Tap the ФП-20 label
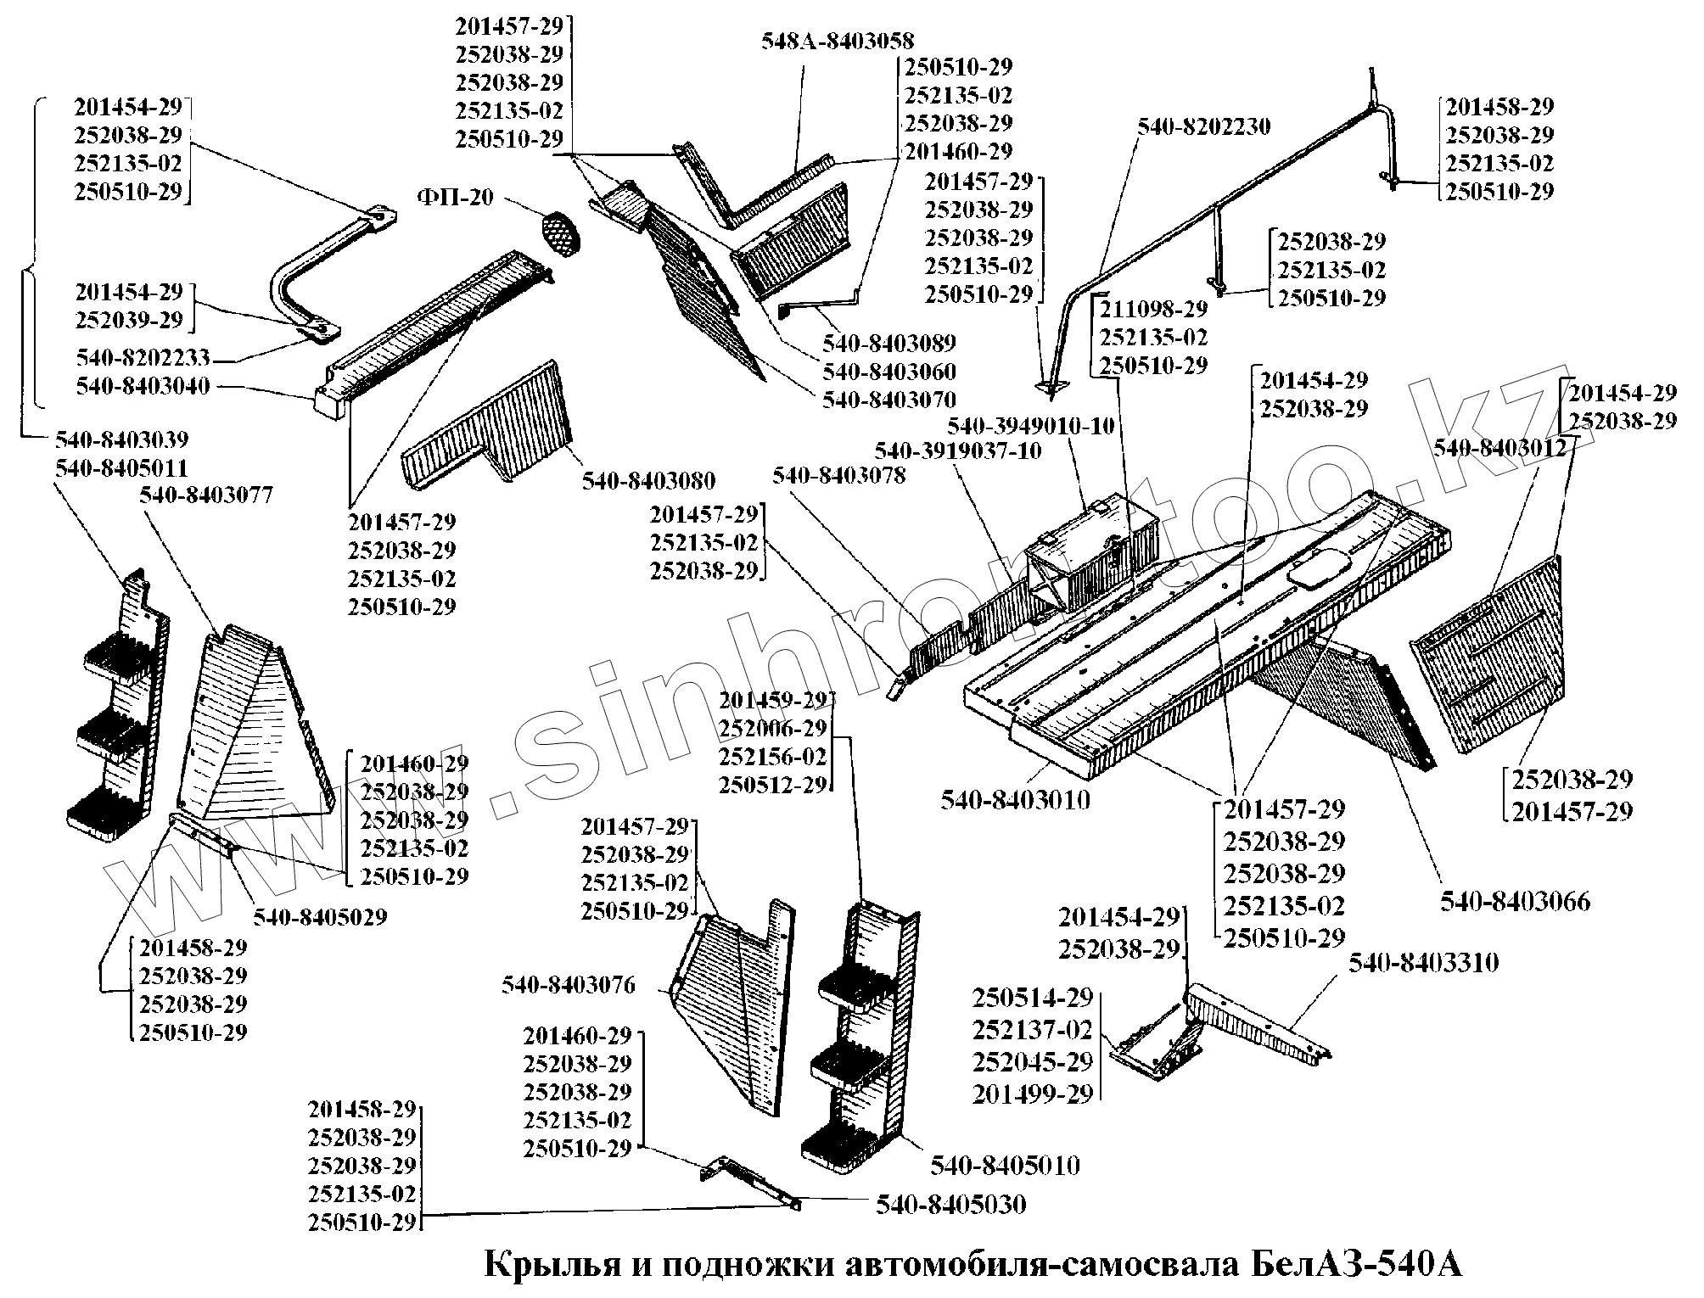pos(455,197)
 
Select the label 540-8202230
pos(1204,127)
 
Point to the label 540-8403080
pos(648,479)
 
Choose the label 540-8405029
pos(320,917)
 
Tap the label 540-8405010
pos(1005,1165)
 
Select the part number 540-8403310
pos(1424,963)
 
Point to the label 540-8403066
pos(1515,901)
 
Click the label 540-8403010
pos(1015,799)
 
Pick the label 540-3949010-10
pos(1030,425)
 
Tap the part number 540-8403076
pos(568,985)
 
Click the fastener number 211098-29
pos(1153,309)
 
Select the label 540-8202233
pos(143,357)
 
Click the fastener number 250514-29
pos(1033,998)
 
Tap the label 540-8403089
pos(888,343)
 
